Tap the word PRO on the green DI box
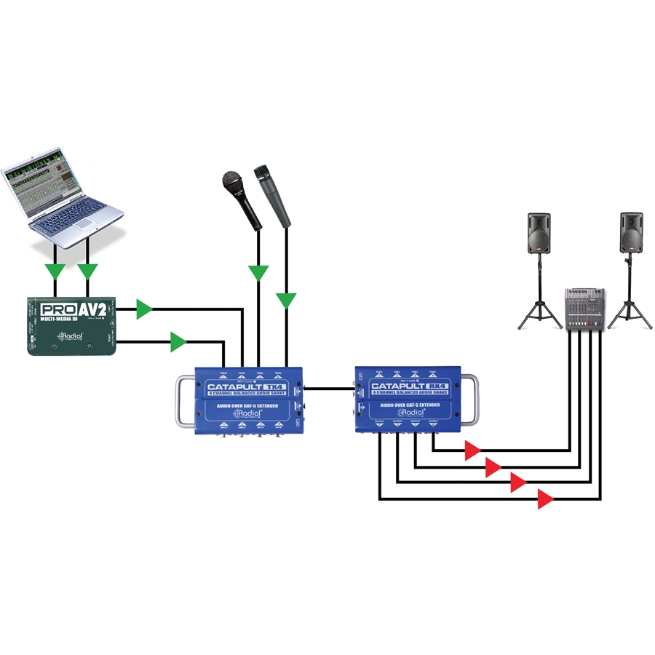[x=54, y=309]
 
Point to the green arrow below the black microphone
[x=258, y=273]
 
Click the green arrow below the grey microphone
[x=287, y=299]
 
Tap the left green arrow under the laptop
[x=55, y=271]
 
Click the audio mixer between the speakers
[x=584, y=310]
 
